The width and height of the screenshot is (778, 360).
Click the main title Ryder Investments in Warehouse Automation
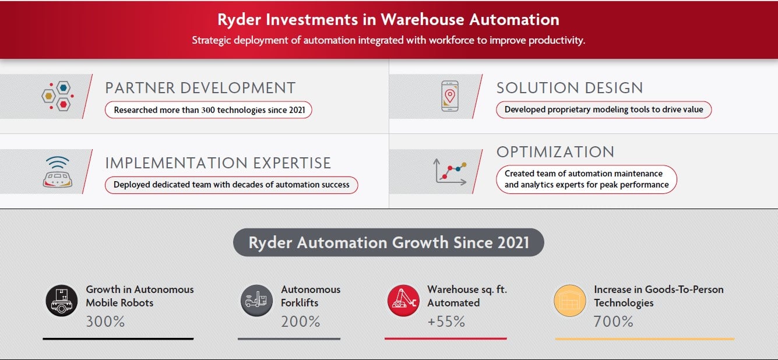388,19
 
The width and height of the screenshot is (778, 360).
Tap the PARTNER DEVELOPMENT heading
200,88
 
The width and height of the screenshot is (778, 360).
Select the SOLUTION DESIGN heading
569,88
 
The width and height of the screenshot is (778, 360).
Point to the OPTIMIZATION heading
555,152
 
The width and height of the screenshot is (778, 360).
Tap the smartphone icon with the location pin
449,96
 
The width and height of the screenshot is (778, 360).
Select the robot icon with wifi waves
57,172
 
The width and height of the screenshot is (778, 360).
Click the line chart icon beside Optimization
450,172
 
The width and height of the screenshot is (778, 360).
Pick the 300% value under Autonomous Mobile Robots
105,321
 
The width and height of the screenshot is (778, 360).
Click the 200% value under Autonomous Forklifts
300,321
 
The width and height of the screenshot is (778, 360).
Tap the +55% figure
446,321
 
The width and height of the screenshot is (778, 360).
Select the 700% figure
613,321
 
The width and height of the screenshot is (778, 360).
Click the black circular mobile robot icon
61,301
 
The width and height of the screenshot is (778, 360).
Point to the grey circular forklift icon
256,301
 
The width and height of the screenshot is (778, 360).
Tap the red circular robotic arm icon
403,301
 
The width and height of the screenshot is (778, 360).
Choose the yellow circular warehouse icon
569,301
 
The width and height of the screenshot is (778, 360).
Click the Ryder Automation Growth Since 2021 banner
388,242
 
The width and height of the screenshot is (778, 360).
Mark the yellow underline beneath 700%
644,338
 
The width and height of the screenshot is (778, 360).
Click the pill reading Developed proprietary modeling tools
604,110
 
